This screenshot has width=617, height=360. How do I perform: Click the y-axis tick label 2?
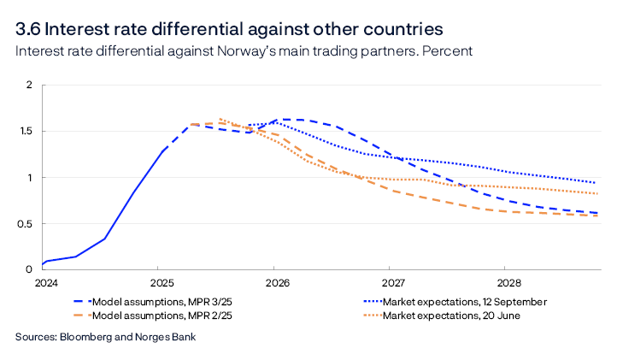pos(28,86)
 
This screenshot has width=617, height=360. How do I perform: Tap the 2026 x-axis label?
pos(276,282)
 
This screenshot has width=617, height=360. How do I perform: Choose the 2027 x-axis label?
pos(392,282)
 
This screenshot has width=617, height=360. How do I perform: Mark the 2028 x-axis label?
pos(508,282)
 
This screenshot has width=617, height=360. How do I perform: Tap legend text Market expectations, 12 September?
pos(465,301)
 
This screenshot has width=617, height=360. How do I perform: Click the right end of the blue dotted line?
pos(595,182)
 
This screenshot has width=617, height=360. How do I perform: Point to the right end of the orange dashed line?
pos(595,215)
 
